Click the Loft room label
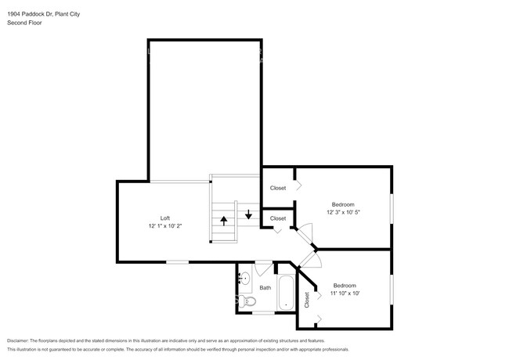(x=165, y=218)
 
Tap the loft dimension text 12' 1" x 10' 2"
(x=165, y=226)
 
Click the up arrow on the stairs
(x=224, y=220)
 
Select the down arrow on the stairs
(x=248, y=213)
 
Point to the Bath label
(x=265, y=287)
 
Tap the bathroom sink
(x=244, y=277)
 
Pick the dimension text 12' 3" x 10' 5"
(x=344, y=211)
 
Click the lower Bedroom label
(x=345, y=285)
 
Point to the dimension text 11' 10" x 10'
(x=345, y=293)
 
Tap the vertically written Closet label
(x=307, y=300)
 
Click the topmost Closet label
(x=277, y=188)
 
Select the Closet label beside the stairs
(x=278, y=218)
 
